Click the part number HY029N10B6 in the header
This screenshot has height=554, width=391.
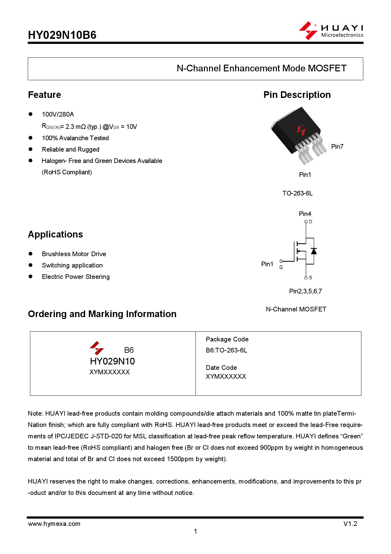click(62, 35)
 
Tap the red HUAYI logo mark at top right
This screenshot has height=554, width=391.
click(308, 31)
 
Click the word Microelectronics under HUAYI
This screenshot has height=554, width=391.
click(342, 35)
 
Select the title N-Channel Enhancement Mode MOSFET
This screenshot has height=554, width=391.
click(261, 69)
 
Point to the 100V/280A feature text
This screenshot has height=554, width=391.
click(58, 114)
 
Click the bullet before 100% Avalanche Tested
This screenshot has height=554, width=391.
click(31, 138)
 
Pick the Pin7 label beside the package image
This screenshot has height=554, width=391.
click(337, 147)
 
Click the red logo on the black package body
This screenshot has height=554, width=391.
click(301, 130)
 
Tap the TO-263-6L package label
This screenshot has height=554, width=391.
click(297, 193)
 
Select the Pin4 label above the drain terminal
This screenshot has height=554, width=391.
click(305, 214)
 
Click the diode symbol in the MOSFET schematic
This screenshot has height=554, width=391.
click(313, 251)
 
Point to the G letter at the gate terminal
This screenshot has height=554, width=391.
click(281, 268)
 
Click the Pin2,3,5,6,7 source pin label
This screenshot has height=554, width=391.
click(305, 291)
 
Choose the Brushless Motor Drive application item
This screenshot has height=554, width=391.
click(74, 254)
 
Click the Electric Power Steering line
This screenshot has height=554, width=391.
click(76, 277)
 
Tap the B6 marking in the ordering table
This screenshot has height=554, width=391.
click(129, 350)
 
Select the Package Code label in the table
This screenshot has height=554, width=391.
click(227, 339)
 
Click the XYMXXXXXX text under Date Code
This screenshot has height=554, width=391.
click(226, 376)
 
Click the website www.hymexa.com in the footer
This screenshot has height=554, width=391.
click(54, 524)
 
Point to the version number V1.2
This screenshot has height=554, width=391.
click(350, 524)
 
